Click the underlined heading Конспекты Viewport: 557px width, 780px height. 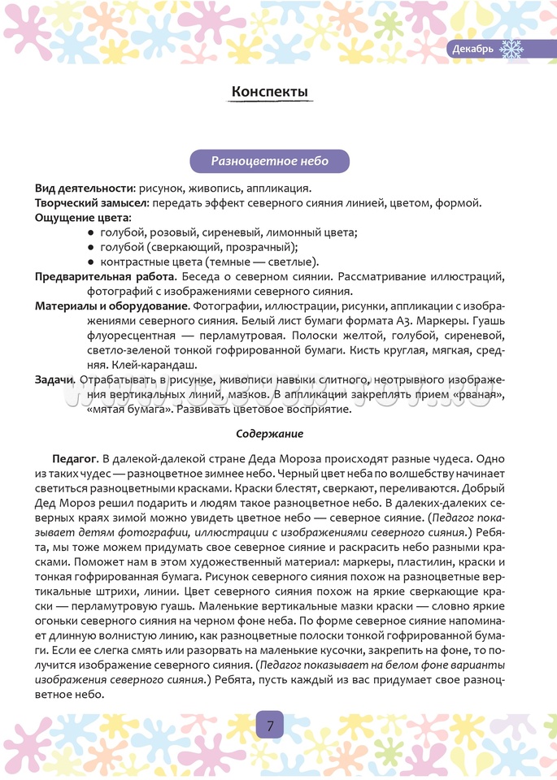coord(270,92)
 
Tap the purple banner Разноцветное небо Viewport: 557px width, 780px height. coord(270,161)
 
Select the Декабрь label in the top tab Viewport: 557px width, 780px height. coord(472,50)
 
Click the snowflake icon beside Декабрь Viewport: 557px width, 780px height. coord(511,50)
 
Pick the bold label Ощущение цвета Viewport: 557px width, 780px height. coord(82,218)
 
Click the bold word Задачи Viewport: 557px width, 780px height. coord(56,379)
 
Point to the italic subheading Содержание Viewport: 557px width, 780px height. coord(270,434)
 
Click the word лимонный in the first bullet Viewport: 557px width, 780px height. coord(297,232)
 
